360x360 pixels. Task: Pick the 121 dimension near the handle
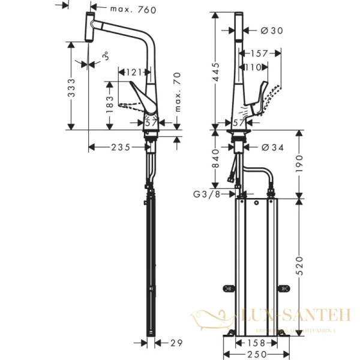(x=135, y=73)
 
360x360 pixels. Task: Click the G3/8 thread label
(x=205, y=194)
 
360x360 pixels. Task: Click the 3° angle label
(x=104, y=58)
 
